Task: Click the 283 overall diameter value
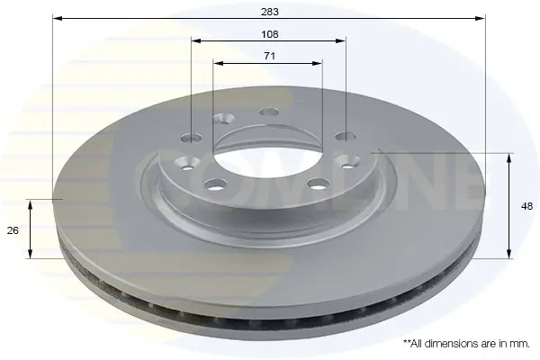tap(270, 12)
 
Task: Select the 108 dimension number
tap(270, 34)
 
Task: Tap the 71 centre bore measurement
tap(269, 56)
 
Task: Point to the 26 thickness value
tap(13, 230)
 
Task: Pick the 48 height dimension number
tap(526, 206)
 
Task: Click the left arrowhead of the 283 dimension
tap(58, 18)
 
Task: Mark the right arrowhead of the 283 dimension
tap(480, 18)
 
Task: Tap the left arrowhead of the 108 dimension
tap(196, 40)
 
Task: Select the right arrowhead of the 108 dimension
tap(340, 40)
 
